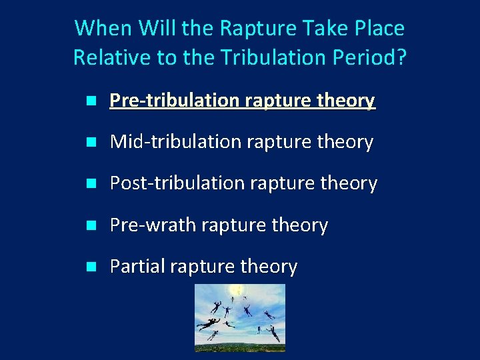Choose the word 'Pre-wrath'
[x=153, y=225]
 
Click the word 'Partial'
[x=137, y=267]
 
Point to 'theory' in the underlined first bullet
[x=346, y=101]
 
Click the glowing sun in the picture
[x=236, y=290]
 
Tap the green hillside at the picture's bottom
[x=239, y=345]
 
